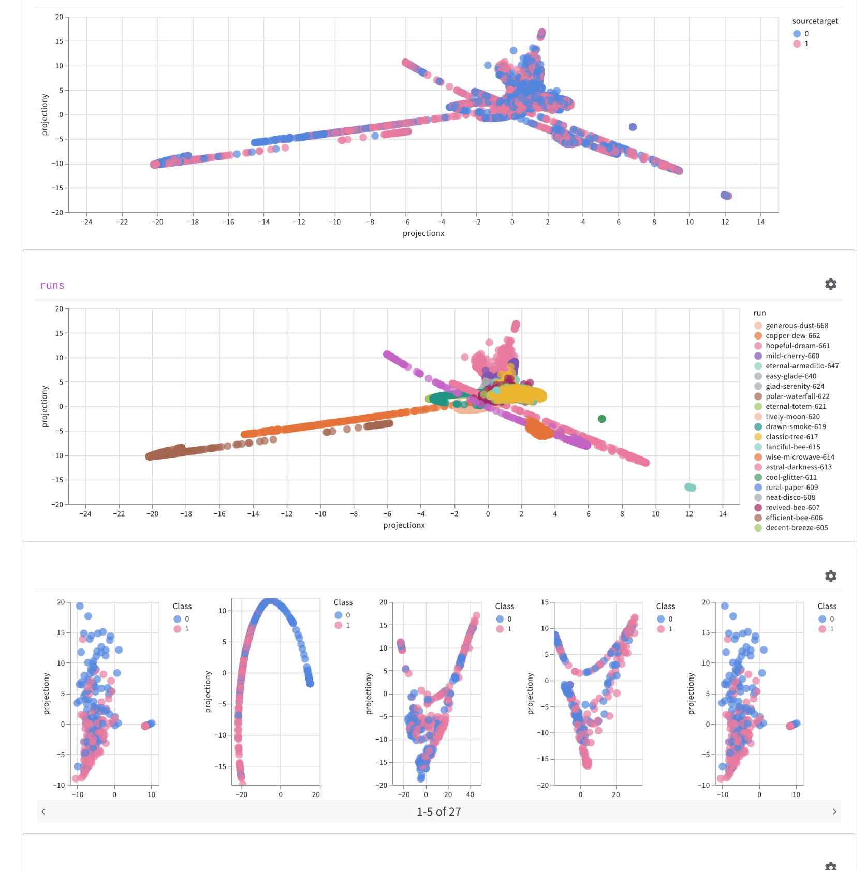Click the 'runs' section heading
point(52,286)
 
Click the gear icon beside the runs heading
point(830,284)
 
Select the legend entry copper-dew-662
point(792,335)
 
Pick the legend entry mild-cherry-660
point(792,356)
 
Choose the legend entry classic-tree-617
point(791,437)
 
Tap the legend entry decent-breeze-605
point(796,528)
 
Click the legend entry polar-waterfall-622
point(797,396)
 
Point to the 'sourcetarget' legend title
point(815,21)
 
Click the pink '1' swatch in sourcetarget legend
point(797,44)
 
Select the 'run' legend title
point(759,313)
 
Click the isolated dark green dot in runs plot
point(601,419)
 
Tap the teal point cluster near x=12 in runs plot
point(690,487)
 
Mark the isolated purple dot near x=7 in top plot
point(633,127)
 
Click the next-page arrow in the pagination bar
point(834,812)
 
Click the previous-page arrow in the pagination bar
point(43,812)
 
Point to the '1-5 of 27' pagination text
point(438,812)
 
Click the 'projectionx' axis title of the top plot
point(423,233)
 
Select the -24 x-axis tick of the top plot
point(86,222)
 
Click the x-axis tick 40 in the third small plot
point(470,794)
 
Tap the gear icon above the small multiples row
point(830,576)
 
